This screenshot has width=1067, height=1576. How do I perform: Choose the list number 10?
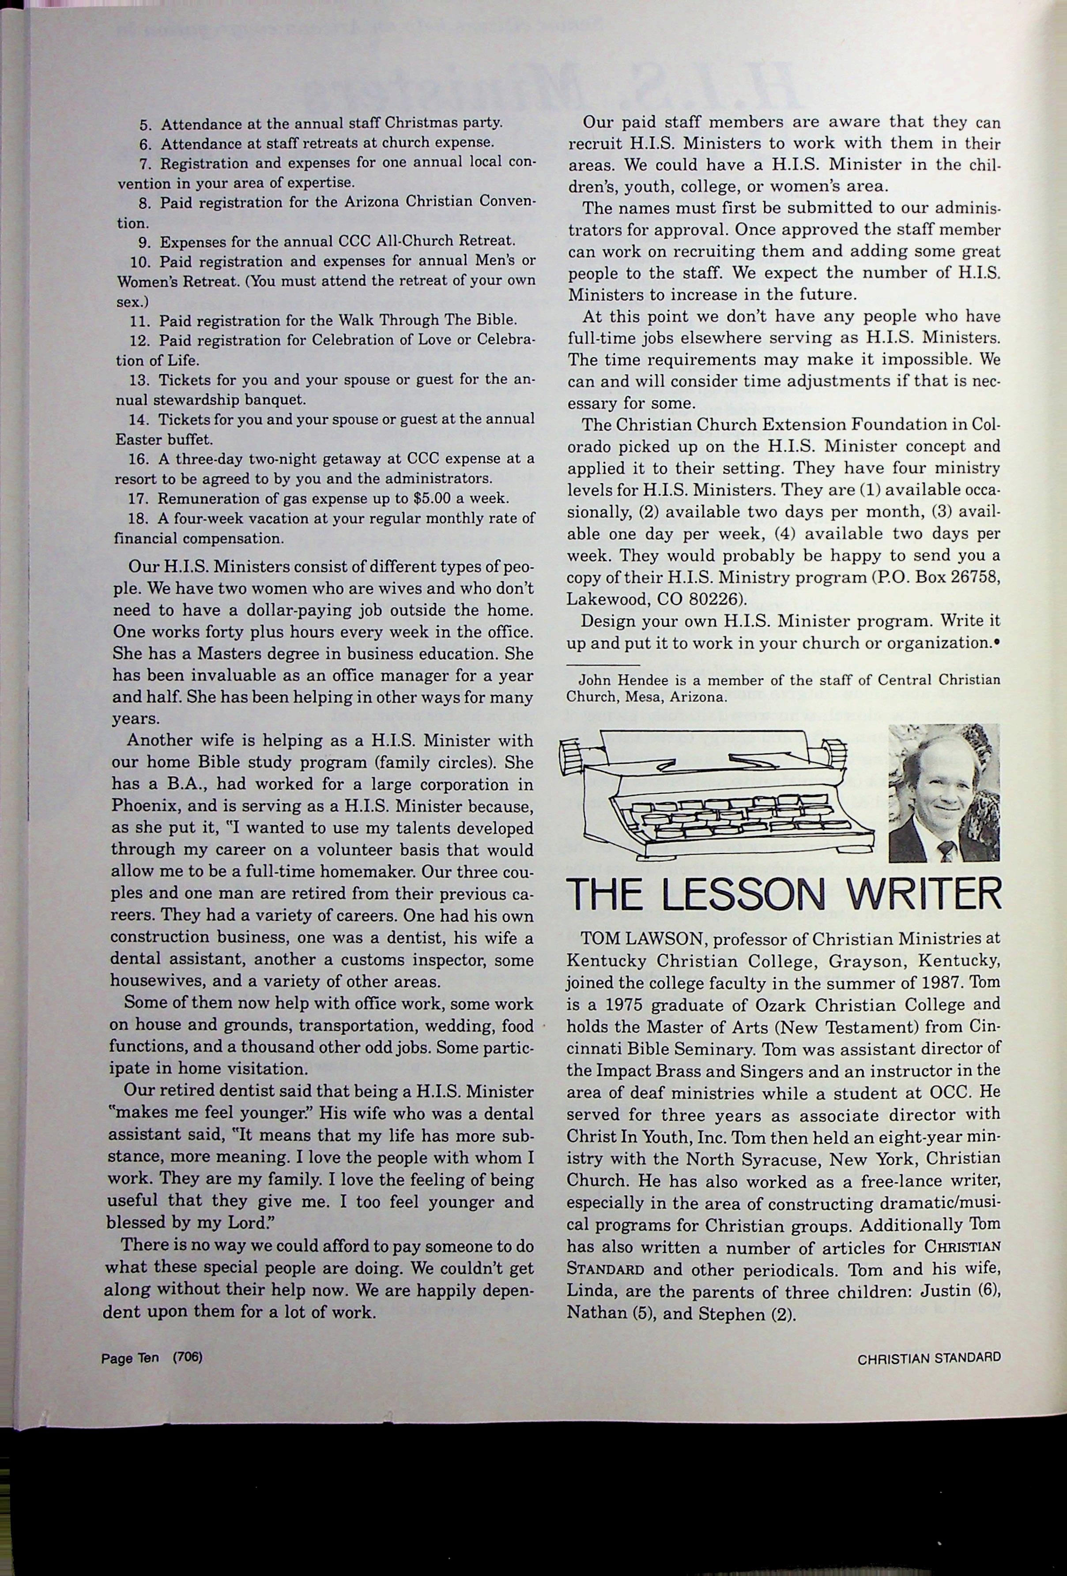pyautogui.click(x=138, y=262)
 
